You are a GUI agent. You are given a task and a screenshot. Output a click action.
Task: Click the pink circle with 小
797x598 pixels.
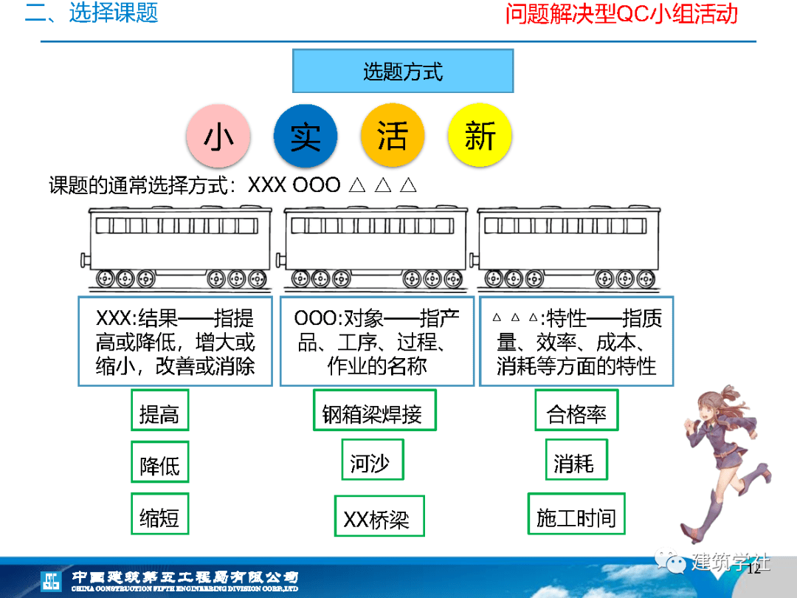coord(218,136)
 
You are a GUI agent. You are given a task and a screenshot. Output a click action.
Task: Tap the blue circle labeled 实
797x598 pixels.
coord(306,136)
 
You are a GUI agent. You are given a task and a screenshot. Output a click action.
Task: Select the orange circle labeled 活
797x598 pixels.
coord(393,135)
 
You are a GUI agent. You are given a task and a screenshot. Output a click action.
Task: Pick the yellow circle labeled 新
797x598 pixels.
coord(480,135)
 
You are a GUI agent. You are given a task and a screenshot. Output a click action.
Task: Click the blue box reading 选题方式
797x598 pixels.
coord(403,71)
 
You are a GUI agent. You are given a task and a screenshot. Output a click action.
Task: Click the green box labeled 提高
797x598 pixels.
coord(160,410)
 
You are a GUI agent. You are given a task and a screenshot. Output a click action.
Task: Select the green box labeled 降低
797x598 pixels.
coord(160,461)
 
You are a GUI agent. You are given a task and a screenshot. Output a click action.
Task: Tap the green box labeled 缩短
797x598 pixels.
coord(160,514)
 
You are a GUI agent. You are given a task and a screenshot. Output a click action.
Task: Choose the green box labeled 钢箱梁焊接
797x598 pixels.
coord(375,410)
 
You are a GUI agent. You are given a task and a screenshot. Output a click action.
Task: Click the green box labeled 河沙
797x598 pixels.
coord(373,460)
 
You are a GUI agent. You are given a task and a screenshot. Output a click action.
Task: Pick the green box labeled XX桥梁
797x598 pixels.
coord(379,515)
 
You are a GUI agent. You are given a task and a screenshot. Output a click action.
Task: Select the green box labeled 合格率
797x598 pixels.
coord(576,410)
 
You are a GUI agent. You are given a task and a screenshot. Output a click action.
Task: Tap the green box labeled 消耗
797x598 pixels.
coord(576,460)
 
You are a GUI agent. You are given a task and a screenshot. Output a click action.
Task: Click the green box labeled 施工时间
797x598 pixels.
coord(576,514)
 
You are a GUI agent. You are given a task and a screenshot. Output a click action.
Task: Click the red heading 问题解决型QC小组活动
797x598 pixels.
coord(621,13)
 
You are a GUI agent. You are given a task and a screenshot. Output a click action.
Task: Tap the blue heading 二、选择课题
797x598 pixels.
coord(92,13)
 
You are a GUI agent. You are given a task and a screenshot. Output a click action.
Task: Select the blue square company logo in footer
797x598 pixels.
coord(52,581)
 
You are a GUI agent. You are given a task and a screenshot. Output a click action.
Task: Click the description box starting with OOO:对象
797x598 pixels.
coord(376,341)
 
